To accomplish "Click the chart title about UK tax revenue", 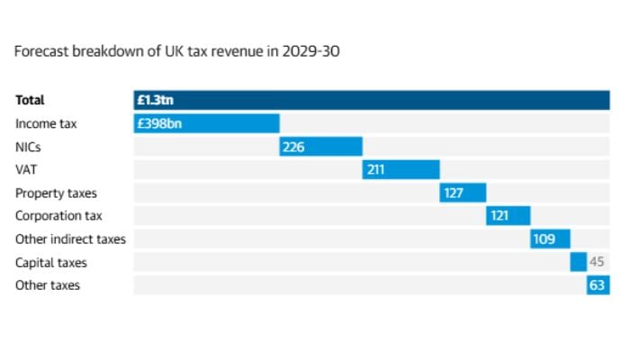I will click(x=176, y=51).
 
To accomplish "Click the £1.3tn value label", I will click(x=155, y=100).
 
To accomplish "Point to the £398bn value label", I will click(x=159, y=123).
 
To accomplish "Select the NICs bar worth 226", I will click(x=321, y=147).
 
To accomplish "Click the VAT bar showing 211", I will click(x=401, y=169).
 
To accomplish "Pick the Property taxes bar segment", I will click(x=463, y=193).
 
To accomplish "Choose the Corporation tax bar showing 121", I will click(x=508, y=216).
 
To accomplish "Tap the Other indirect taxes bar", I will click(x=550, y=239).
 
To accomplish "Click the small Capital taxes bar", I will click(x=578, y=262).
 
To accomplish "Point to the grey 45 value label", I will click(x=597, y=262).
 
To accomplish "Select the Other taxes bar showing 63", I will click(x=598, y=285).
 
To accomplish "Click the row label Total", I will click(x=30, y=100).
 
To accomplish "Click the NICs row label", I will click(x=29, y=147).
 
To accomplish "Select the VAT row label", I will click(x=26, y=169).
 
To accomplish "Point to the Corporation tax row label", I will click(x=58, y=216).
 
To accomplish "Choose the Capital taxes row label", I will click(x=51, y=262).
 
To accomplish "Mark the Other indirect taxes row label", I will click(x=70, y=239).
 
